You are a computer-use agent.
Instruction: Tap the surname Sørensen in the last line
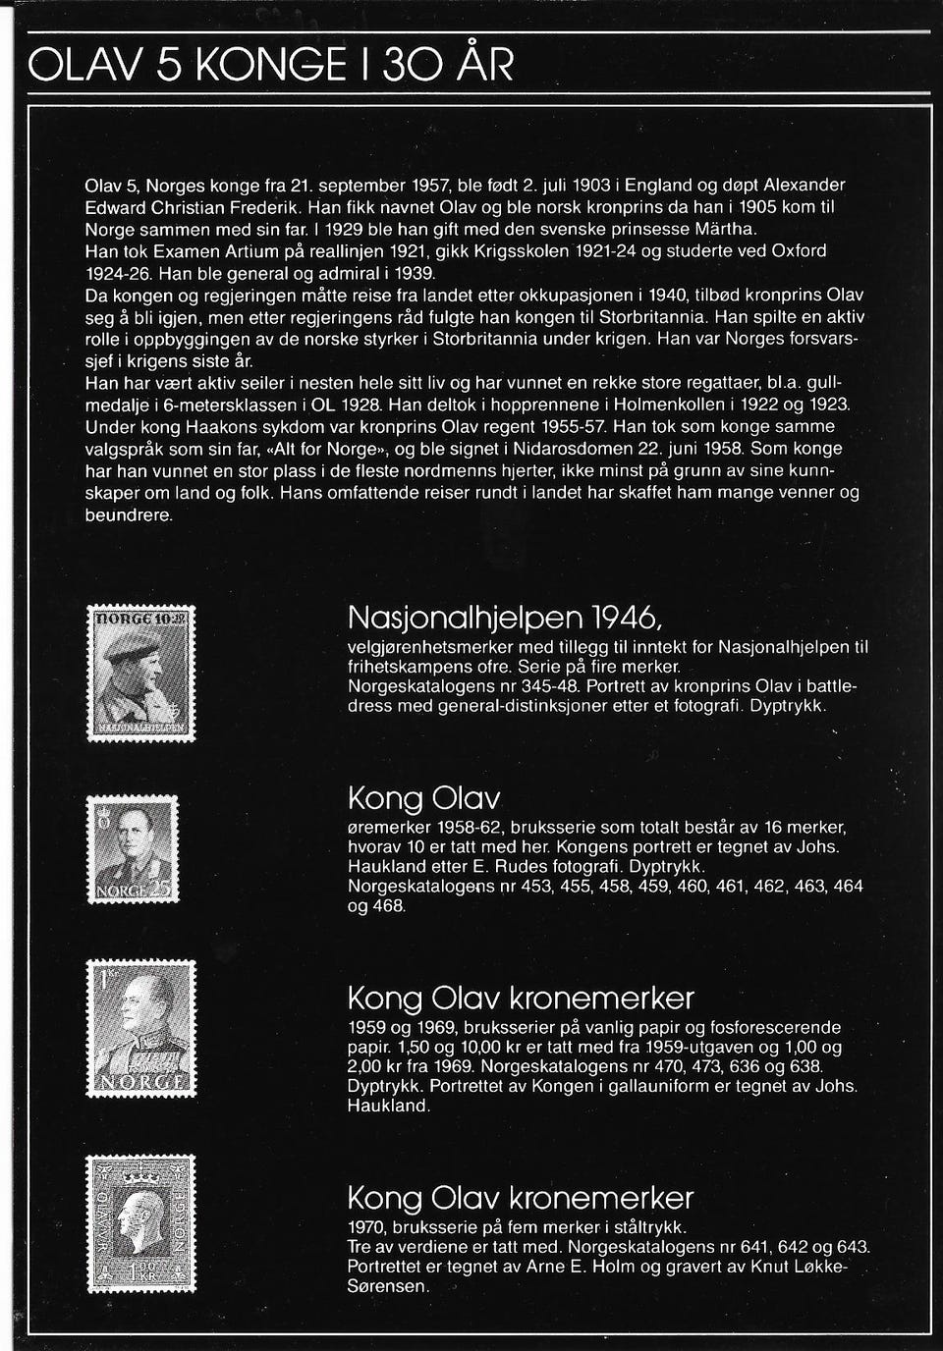[x=388, y=1285]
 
